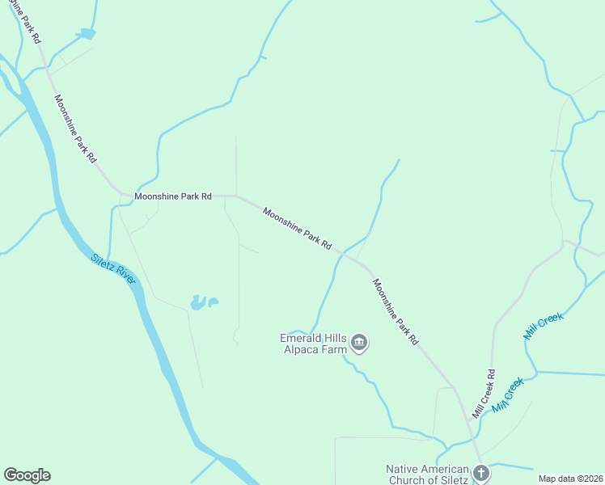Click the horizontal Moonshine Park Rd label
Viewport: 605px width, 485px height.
[173, 196]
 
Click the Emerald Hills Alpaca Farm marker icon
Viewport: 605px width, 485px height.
[360, 344]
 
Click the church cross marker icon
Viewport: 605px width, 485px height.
[481, 472]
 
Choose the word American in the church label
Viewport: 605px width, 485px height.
[447, 470]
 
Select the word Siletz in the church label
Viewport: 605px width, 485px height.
[453, 480]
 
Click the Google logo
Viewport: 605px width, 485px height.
[27, 475]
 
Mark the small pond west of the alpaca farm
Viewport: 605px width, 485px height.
[199, 303]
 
